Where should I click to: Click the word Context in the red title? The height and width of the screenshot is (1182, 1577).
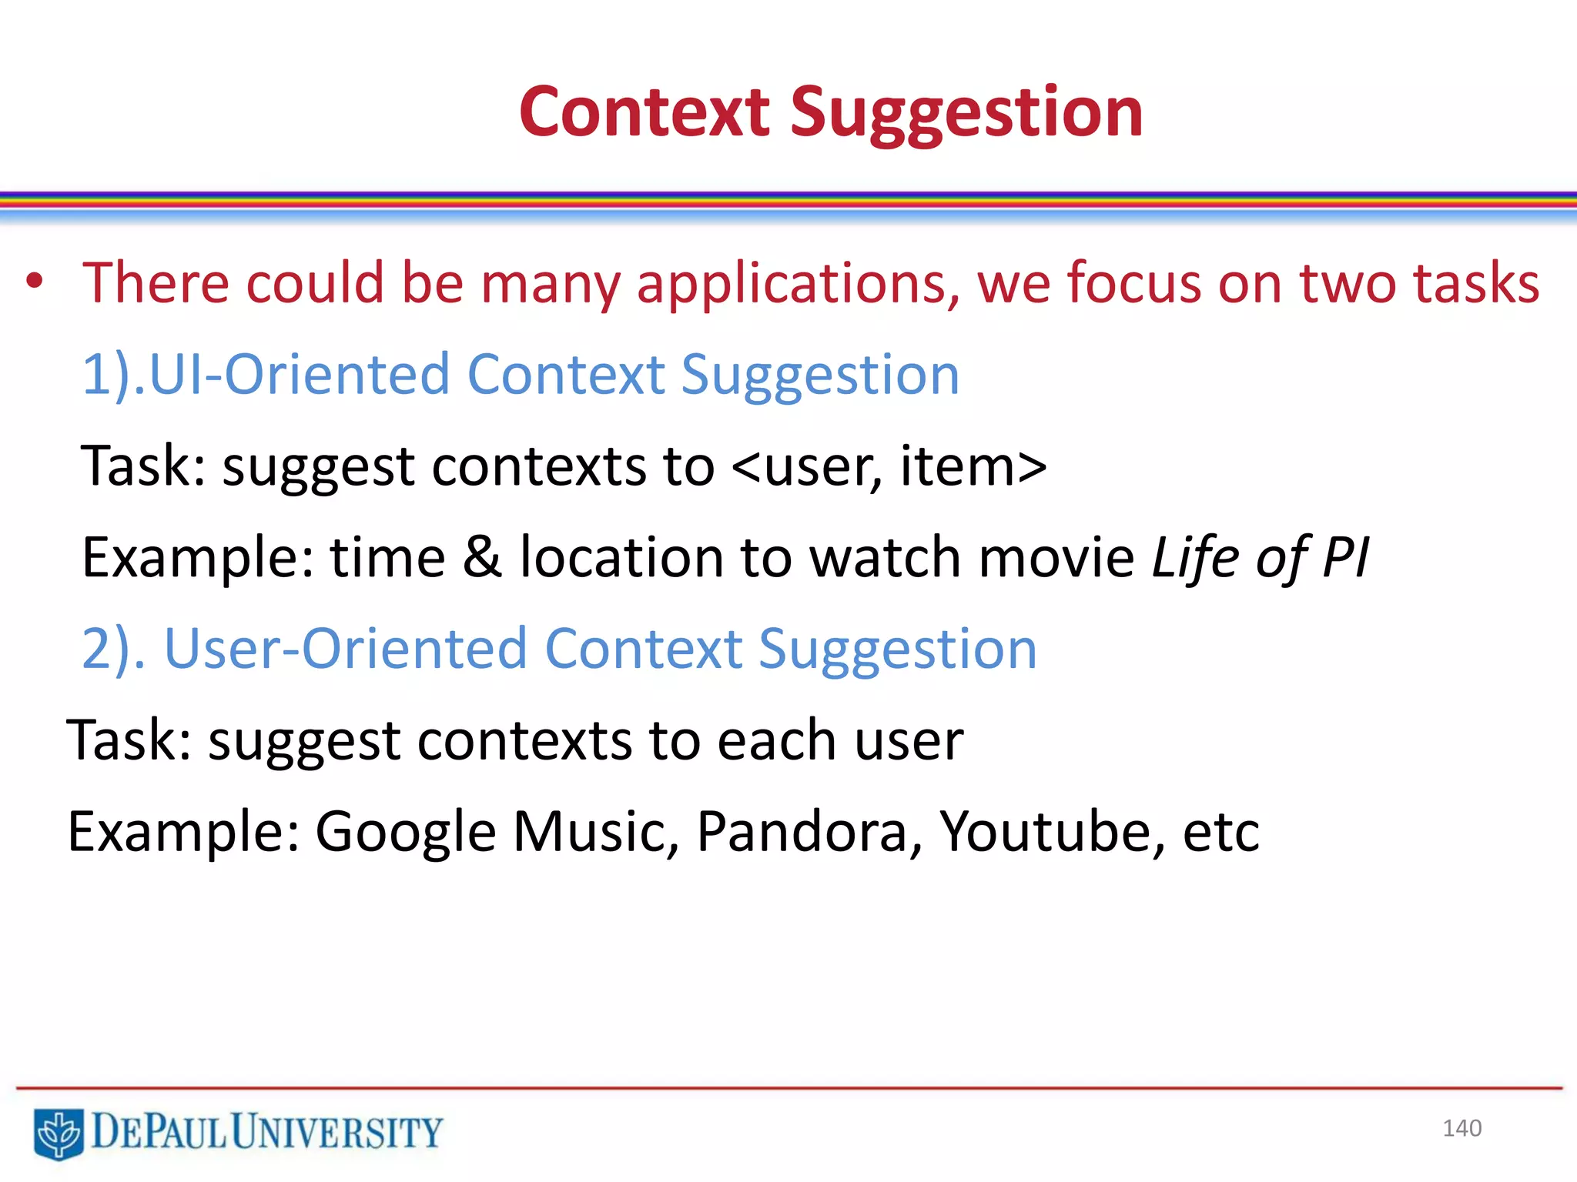coord(645,112)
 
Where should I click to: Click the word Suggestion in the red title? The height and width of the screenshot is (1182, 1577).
coord(966,112)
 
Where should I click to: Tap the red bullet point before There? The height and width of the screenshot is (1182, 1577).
coord(34,282)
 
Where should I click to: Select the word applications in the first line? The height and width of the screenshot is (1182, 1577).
coord(798,284)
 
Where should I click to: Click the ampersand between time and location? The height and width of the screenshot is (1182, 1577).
coord(482,557)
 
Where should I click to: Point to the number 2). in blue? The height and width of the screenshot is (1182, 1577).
coord(113,649)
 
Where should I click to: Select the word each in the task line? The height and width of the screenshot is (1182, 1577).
coord(776,740)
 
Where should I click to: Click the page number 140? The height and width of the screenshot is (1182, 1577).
coord(1461,1128)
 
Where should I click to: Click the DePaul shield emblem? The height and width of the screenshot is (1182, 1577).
coord(59,1133)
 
